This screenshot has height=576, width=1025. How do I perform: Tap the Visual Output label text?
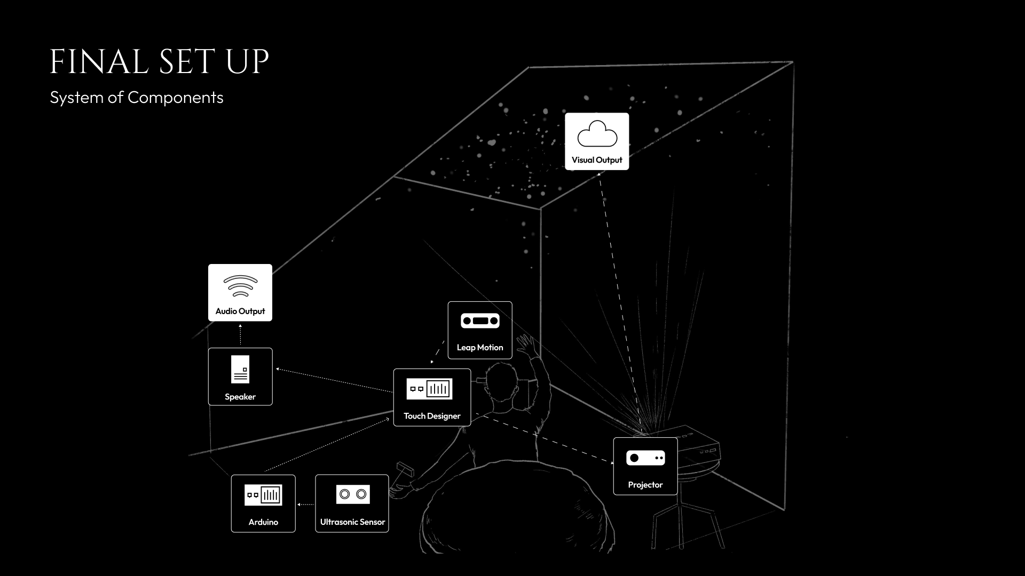(597, 160)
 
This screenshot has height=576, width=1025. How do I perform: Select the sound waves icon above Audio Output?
(240, 286)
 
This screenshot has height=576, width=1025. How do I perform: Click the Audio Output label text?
(240, 311)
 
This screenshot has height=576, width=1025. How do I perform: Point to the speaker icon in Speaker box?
(240, 369)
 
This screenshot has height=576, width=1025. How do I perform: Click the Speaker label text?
(240, 397)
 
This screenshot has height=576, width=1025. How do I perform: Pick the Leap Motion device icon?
(480, 321)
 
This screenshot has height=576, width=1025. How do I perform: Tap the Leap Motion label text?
(480, 348)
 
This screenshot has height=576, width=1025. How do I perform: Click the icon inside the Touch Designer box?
(429, 389)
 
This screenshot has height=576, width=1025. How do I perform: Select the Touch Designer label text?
(432, 416)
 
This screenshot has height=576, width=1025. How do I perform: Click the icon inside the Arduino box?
(263, 495)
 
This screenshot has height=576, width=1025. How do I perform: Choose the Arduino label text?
(263, 522)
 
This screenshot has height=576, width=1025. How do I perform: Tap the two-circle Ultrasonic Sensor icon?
(353, 494)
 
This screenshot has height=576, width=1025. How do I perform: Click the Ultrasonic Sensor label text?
(352, 522)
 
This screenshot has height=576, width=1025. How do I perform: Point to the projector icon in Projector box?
(645, 458)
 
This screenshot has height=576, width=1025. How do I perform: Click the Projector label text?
(645, 485)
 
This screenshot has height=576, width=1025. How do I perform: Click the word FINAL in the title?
(99, 62)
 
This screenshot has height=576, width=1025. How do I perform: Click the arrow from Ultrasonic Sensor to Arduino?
(305, 504)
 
